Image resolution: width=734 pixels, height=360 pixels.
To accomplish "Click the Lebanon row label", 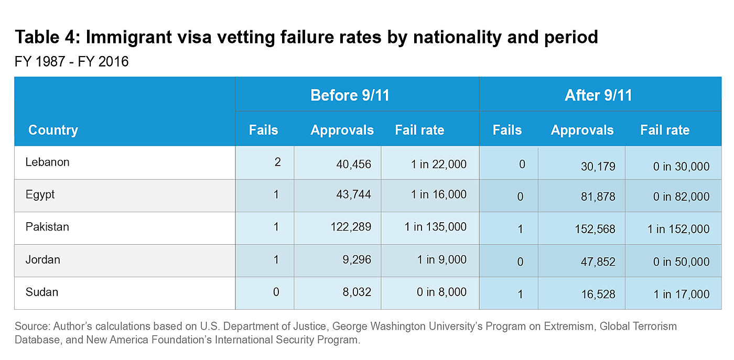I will tap(47, 162).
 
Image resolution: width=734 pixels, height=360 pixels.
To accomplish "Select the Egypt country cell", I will tap(40, 195).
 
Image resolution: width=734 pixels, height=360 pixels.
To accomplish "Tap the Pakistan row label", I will tap(47, 227).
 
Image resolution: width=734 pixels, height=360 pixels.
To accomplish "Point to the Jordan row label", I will tap(42, 260).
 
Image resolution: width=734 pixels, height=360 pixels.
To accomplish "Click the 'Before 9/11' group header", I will tap(350, 95).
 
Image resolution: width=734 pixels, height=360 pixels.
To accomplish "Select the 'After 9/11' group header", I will tap(598, 95).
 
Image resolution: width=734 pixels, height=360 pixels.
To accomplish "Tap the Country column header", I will tap(53, 130).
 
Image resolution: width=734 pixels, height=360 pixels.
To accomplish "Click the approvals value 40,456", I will tap(353, 165).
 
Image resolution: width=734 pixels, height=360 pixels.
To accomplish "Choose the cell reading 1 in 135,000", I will tap(435, 227).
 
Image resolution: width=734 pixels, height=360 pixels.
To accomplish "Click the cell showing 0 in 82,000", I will tap(681, 197).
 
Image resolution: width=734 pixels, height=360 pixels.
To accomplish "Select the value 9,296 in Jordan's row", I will tap(358, 260).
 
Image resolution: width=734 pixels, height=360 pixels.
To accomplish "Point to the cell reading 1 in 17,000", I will tap(681, 294).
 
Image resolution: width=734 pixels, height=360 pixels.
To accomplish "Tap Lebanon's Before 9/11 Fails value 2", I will tap(277, 162).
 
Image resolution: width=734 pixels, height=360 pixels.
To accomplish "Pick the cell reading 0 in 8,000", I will tap(441, 292).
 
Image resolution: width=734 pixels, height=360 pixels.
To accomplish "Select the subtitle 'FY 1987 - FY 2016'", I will tap(72, 62).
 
